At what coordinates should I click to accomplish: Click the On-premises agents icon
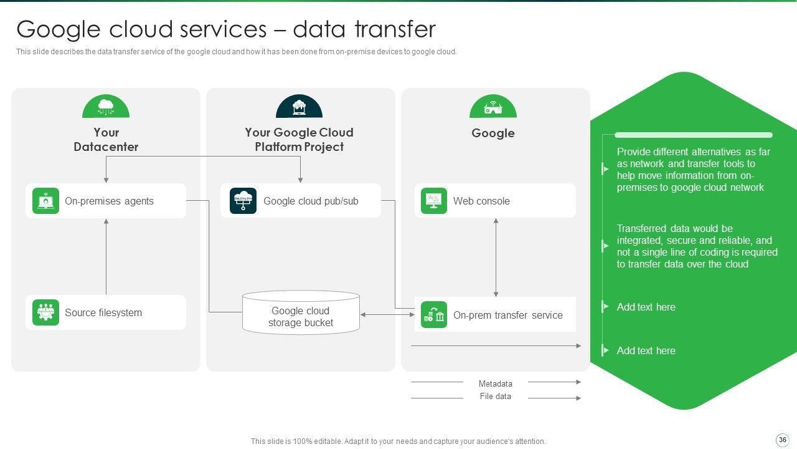coord(45,201)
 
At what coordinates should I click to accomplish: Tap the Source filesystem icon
coord(45,312)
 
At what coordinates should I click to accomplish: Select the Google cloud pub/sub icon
coord(243,201)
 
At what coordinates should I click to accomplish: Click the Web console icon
coord(433,201)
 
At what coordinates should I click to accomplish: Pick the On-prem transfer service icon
coord(433,315)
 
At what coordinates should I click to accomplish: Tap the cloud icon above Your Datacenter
coord(106,107)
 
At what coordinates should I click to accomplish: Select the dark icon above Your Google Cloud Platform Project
coord(299,107)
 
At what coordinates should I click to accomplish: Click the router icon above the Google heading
coord(493,107)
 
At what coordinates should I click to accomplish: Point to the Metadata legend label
coord(495,384)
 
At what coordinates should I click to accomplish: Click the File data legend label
coord(495,397)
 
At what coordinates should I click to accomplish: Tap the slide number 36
coord(783,440)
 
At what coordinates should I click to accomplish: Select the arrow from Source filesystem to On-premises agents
coord(106,257)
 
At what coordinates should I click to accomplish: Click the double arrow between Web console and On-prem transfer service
coord(496,257)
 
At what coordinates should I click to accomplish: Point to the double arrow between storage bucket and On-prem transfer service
coord(387,315)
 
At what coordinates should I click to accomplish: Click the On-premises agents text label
coord(109,201)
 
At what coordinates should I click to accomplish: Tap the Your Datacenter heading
coord(106,140)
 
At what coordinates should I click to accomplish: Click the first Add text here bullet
coord(646,307)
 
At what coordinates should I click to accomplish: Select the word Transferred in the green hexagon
coord(643,228)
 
